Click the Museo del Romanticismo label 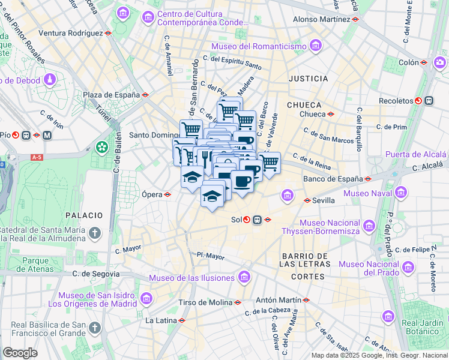click(x=259, y=46)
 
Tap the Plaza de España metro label click(x=111, y=94)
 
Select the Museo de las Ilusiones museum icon click(x=244, y=277)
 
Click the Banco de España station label click(x=333, y=178)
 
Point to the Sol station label click(x=236, y=220)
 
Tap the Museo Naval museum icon click(x=402, y=193)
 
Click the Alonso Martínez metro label click(x=321, y=19)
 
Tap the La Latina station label click(x=160, y=320)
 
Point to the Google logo click(x=20, y=352)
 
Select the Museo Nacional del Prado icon click(x=408, y=267)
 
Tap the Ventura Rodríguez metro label click(x=71, y=33)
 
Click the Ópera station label click(x=152, y=194)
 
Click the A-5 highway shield click(x=37, y=157)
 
